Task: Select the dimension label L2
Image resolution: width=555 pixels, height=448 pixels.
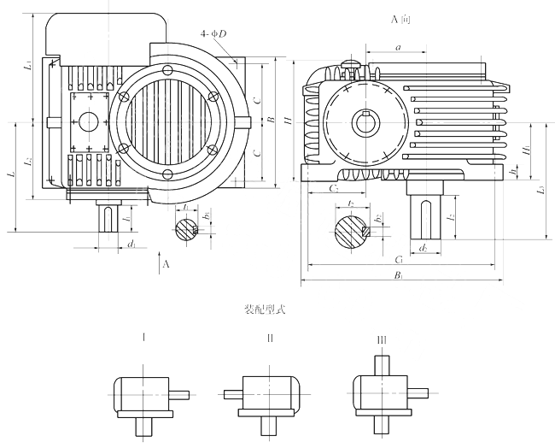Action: coord(27,160)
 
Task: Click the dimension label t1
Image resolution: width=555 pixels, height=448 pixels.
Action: coord(185,208)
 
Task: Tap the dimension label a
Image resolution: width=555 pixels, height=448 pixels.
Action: coord(399,49)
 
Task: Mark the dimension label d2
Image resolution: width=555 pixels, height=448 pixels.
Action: coord(424,249)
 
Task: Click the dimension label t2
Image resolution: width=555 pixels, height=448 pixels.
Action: coord(351,203)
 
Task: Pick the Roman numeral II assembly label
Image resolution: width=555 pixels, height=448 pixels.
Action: coord(270,339)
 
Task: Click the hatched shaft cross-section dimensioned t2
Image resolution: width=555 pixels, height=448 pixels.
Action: coord(351,230)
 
